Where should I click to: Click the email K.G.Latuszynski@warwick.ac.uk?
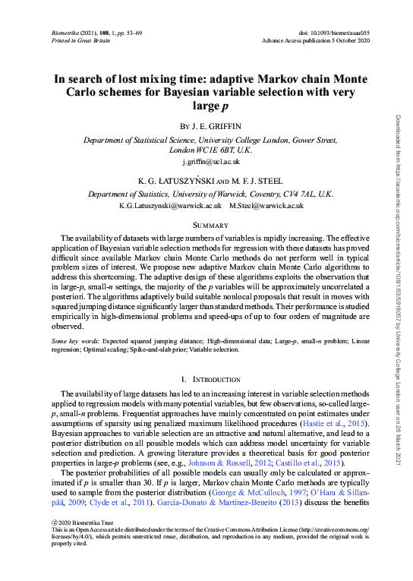pos(171,206)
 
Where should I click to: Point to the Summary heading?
pos(206,225)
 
